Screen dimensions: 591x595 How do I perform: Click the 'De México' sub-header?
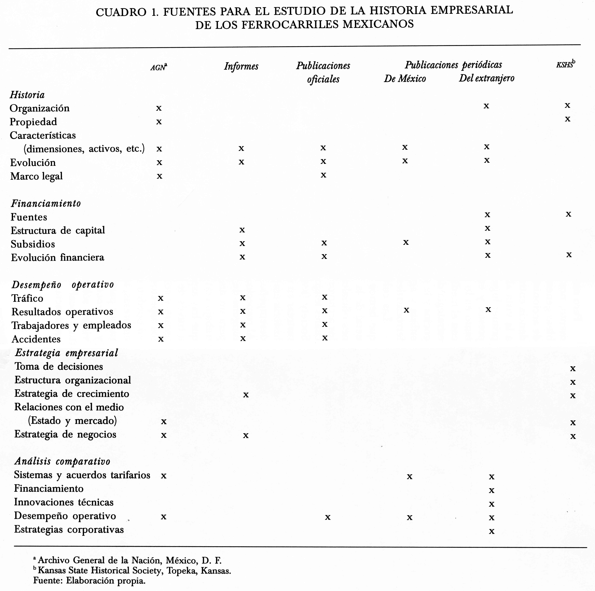pos(405,79)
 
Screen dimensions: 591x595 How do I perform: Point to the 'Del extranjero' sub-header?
pos(487,78)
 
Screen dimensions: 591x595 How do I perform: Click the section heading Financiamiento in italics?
pos(46,203)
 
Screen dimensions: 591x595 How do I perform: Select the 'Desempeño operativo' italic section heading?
pos(62,284)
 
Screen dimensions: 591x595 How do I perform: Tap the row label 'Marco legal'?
pos(36,176)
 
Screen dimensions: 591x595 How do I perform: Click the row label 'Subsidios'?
pos(33,244)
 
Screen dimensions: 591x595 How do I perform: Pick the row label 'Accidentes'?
pos(36,339)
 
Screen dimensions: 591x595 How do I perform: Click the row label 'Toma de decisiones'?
pos(59,366)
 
